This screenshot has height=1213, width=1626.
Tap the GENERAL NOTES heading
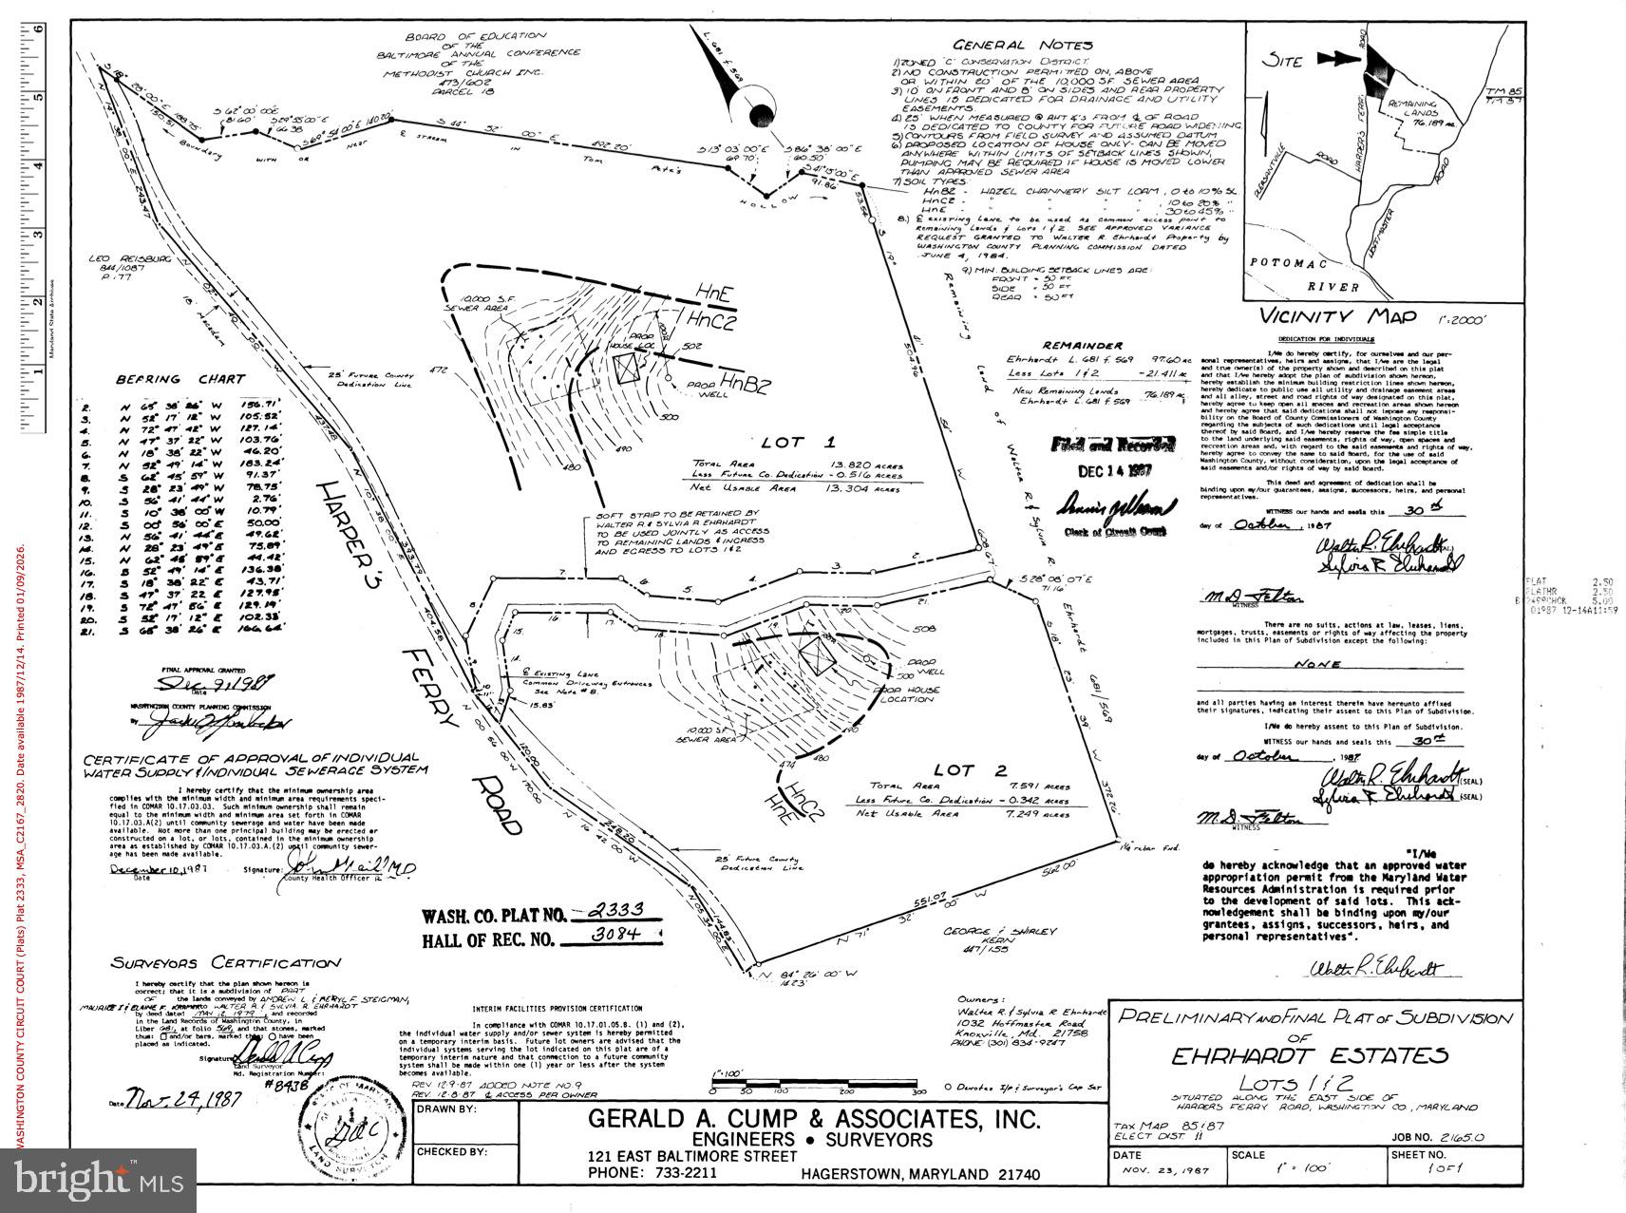(1023, 45)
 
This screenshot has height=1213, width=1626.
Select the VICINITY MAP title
(1337, 317)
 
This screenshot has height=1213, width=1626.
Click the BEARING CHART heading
(180, 379)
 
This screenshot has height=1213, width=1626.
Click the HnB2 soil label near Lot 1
(744, 382)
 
